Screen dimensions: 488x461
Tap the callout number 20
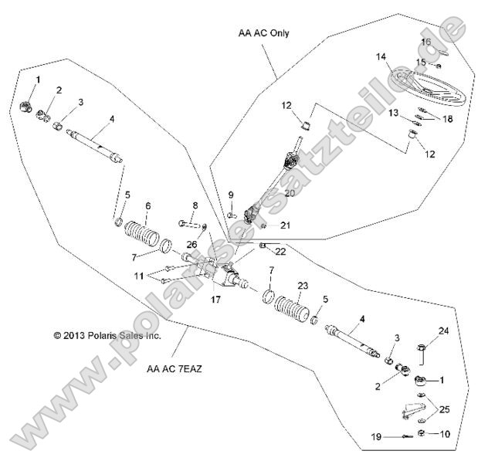coord(290,193)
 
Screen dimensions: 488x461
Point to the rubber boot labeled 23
coord(292,308)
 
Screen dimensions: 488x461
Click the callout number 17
coord(215,300)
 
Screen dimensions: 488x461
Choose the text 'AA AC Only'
coord(263,33)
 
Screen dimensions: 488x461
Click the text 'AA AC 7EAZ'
coord(175,369)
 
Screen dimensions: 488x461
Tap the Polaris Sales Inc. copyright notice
coord(107,336)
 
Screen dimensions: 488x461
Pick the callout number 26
coord(191,244)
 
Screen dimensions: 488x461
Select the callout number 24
coord(444,331)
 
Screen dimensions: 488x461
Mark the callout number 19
coord(376,437)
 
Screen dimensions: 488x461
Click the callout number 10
coord(445,434)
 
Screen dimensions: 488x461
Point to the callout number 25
coord(444,409)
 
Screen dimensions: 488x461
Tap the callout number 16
coord(426,42)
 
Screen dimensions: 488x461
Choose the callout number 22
coord(280,252)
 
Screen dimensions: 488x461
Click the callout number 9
coord(231,195)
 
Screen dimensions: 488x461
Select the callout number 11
coord(139,276)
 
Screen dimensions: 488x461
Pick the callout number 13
coord(393,113)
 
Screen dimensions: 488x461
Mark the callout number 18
coord(448,119)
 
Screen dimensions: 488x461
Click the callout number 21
coord(285,225)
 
